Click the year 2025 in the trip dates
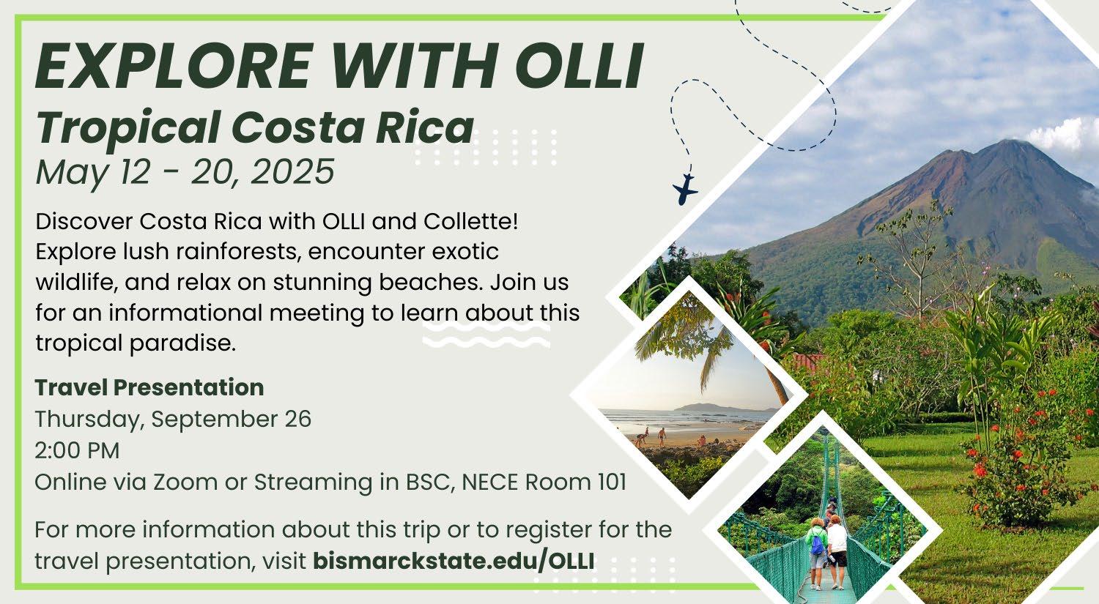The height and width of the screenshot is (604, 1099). pos(292,172)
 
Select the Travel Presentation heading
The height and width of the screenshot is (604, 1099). pos(149,387)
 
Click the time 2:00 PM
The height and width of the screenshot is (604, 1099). pos(77,450)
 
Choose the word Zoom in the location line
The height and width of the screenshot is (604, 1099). pos(185,482)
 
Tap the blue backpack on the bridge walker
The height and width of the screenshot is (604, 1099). pos(818,545)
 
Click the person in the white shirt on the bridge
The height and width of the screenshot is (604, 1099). pos(837,552)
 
